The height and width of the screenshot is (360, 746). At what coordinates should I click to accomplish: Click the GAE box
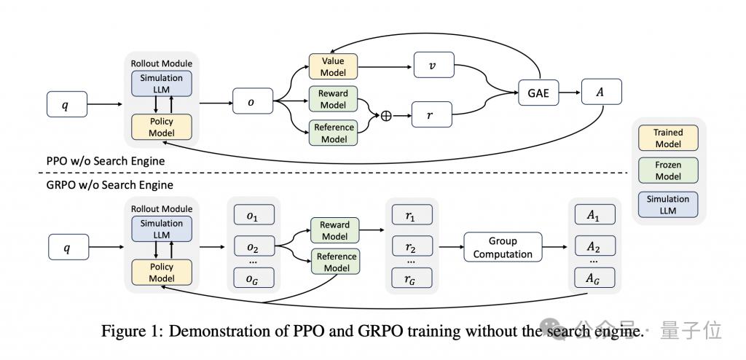(539, 93)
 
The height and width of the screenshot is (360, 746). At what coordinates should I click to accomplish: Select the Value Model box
(333, 66)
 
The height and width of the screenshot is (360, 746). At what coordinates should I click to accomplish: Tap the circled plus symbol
(386, 116)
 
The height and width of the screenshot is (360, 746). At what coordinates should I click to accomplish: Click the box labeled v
(434, 66)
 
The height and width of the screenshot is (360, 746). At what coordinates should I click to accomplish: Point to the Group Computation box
(503, 246)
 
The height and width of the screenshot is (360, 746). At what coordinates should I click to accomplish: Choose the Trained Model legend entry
(668, 138)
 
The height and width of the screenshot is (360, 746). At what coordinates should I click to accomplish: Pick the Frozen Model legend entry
(668, 171)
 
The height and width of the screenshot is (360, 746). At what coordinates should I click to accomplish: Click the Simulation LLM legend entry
(668, 204)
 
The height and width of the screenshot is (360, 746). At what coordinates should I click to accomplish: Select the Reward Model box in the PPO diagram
(333, 99)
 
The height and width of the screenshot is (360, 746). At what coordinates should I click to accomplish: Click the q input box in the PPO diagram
(67, 103)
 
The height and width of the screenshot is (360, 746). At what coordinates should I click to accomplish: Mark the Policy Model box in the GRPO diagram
(161, 273)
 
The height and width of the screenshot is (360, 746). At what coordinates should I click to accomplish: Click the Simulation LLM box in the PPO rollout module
(161, 83)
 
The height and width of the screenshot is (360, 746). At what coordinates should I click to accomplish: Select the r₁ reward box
(412, 214)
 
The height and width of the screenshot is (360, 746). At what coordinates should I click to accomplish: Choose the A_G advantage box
(594, 278)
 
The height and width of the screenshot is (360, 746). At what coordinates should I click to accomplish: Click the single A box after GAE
(601, 91)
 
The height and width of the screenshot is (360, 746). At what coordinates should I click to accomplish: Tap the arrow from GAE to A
(570, 93)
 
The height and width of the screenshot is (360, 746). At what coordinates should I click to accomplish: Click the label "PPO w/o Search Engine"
(105, 161)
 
